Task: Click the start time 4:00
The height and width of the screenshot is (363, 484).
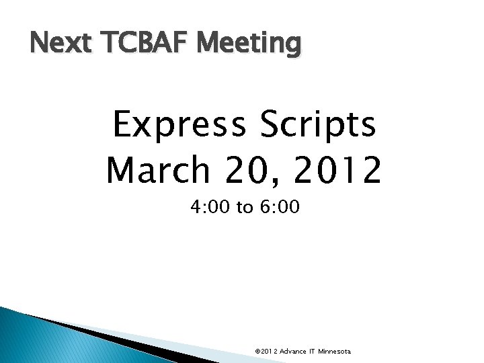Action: [210, 208]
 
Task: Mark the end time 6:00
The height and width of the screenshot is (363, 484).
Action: [280, 208]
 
